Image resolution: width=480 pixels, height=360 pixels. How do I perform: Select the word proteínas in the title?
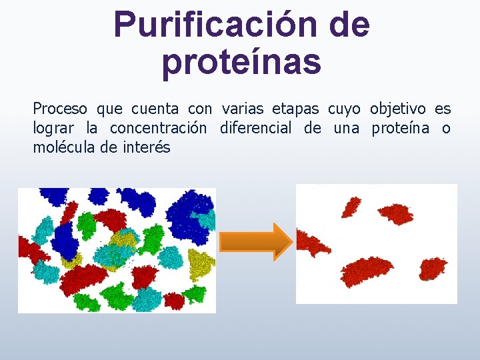pos(241,61)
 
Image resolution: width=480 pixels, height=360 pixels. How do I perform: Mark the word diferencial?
pos(255,128)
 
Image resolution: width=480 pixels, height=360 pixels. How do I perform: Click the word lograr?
pos(53,128)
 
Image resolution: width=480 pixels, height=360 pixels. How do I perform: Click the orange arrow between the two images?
pos(255,241)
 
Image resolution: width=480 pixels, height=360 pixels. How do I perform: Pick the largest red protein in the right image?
pos(367,271)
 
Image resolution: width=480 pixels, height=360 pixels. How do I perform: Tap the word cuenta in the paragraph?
pos(155,109)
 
